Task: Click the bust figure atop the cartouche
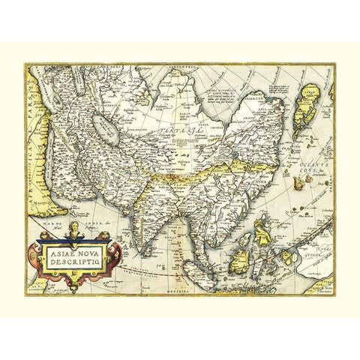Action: pos(76,228)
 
